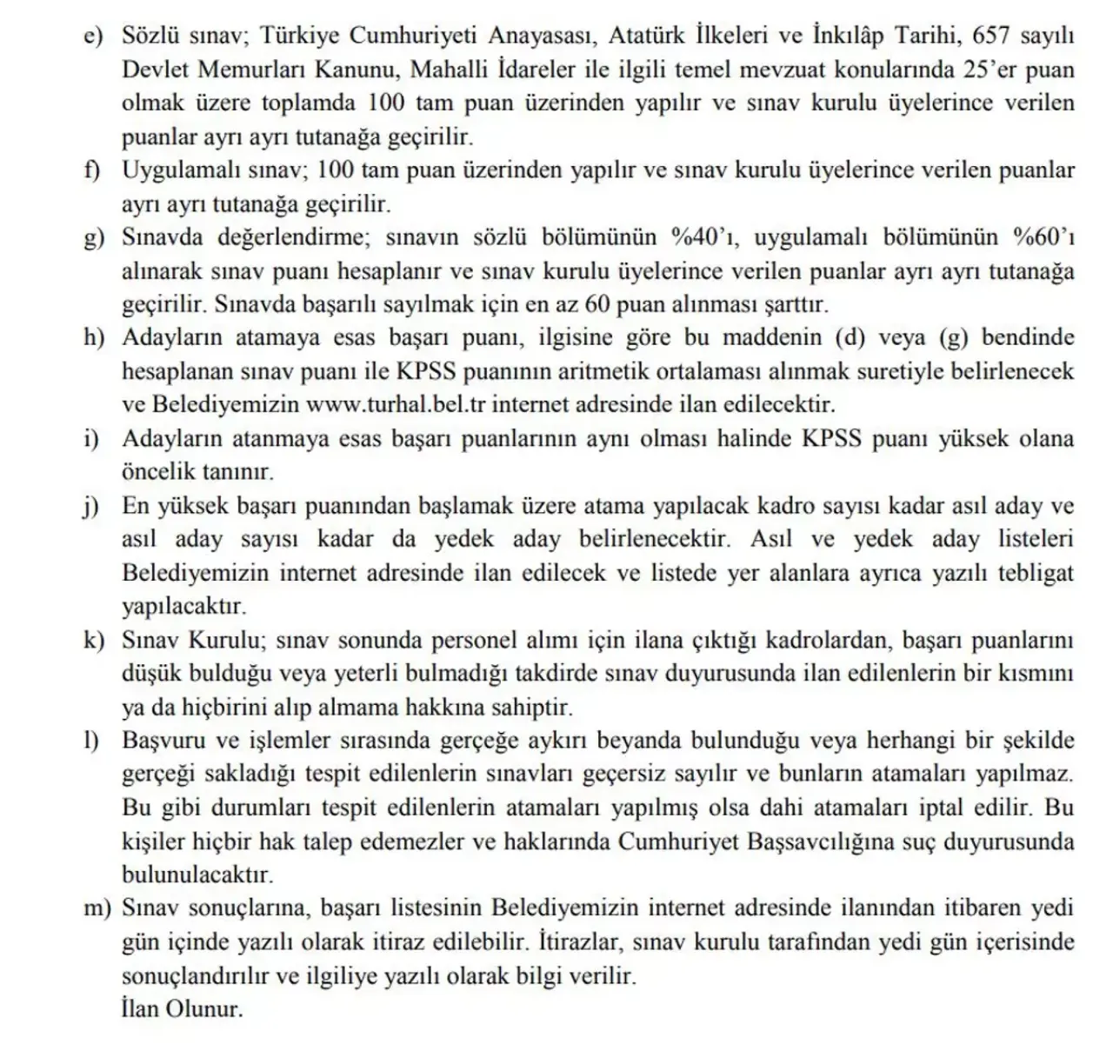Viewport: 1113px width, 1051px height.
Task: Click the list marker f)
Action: [x=93, y=170]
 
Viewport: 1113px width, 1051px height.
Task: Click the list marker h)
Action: [x=94, y=338]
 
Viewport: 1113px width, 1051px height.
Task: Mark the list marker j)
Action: [x=92, y=506]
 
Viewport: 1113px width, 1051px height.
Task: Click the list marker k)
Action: [x=94, y=641]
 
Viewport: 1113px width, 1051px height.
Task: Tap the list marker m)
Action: [x=98, y=909]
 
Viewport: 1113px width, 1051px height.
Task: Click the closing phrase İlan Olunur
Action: [x=183, y=1009]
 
